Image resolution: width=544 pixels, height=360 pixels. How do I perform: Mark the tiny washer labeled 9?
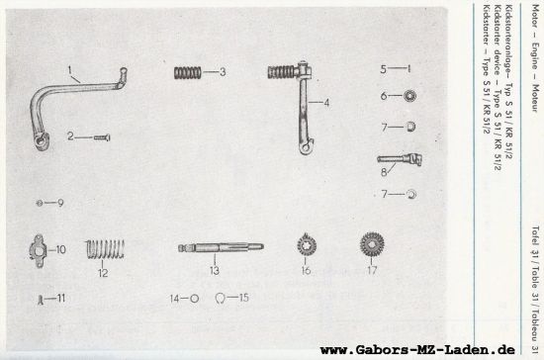[x=38, y=203]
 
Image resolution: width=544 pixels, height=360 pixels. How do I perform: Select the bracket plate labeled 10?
[x=39, y=248]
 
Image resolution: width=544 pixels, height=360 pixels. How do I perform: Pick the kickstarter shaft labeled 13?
[x=213, y=248]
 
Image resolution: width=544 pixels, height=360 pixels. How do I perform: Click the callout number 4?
[x=323, y=102]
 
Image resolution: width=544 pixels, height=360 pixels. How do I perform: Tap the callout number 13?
[x=213, y=269]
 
